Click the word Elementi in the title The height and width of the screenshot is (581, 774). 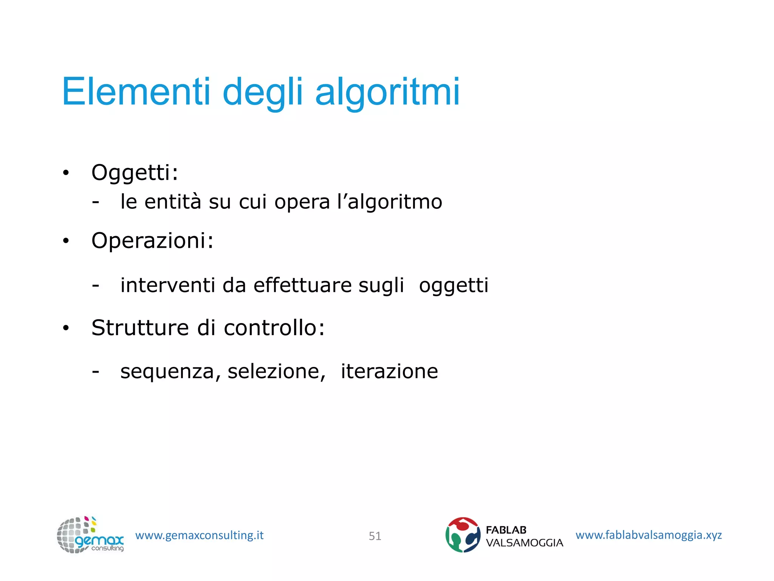click(136, 92)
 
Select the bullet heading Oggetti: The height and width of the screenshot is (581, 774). click(135, 173)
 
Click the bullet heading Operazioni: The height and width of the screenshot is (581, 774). click(152, 241)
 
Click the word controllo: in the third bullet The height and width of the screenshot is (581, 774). click(274, 328)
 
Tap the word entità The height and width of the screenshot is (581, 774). click(173, 201)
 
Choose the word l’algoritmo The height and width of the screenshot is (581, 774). click(390, 202)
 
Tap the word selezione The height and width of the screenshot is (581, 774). click(276, 371)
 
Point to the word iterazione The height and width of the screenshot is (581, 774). click(389, 371)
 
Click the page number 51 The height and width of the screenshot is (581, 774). click(375, 536)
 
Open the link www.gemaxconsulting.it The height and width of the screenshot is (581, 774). click(199, 535)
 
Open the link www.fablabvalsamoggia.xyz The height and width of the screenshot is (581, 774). click(649, 535)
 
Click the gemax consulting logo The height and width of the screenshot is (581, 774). click(90, 535)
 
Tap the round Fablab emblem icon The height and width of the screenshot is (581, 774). click(463, 535)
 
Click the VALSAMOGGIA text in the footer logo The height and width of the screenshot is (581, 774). click(524, 543)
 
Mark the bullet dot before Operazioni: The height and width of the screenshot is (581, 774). click(66, 241)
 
